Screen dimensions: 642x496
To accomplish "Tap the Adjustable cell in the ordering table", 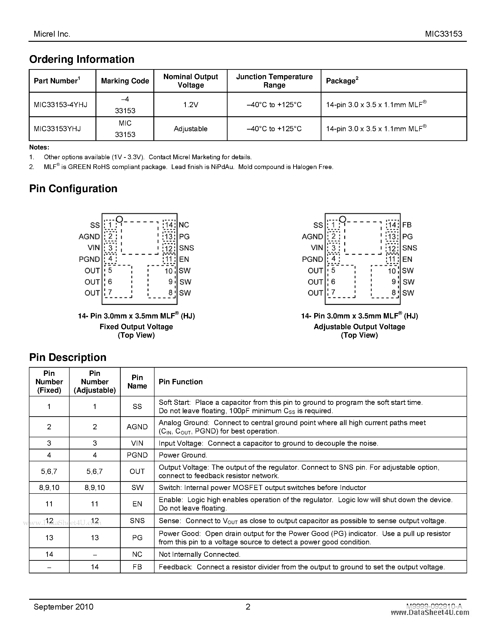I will pos(190,129).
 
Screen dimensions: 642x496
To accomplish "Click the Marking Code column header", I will pos(125,81).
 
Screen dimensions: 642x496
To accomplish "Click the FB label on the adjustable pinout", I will pos(407,225).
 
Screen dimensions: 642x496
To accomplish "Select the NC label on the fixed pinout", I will pos(184,225).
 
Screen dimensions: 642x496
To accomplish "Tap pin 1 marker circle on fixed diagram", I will pos(119,219).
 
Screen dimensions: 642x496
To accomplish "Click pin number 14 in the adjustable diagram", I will pos(392,225).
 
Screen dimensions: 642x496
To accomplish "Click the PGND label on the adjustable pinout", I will pos(312,259).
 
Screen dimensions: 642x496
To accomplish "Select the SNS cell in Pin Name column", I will pos(137,521).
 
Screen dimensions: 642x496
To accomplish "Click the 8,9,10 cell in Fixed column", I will pos(49,487).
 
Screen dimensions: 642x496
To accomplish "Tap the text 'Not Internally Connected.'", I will pos(200,554).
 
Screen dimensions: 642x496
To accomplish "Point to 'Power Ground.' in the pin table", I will pos(183,455).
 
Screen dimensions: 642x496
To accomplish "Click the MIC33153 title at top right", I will pos(443,34).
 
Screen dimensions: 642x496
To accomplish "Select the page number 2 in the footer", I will pos(248,607).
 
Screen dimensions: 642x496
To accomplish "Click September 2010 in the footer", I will pos(63,607).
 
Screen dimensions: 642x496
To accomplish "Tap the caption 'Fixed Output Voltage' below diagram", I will pos(136,327).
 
